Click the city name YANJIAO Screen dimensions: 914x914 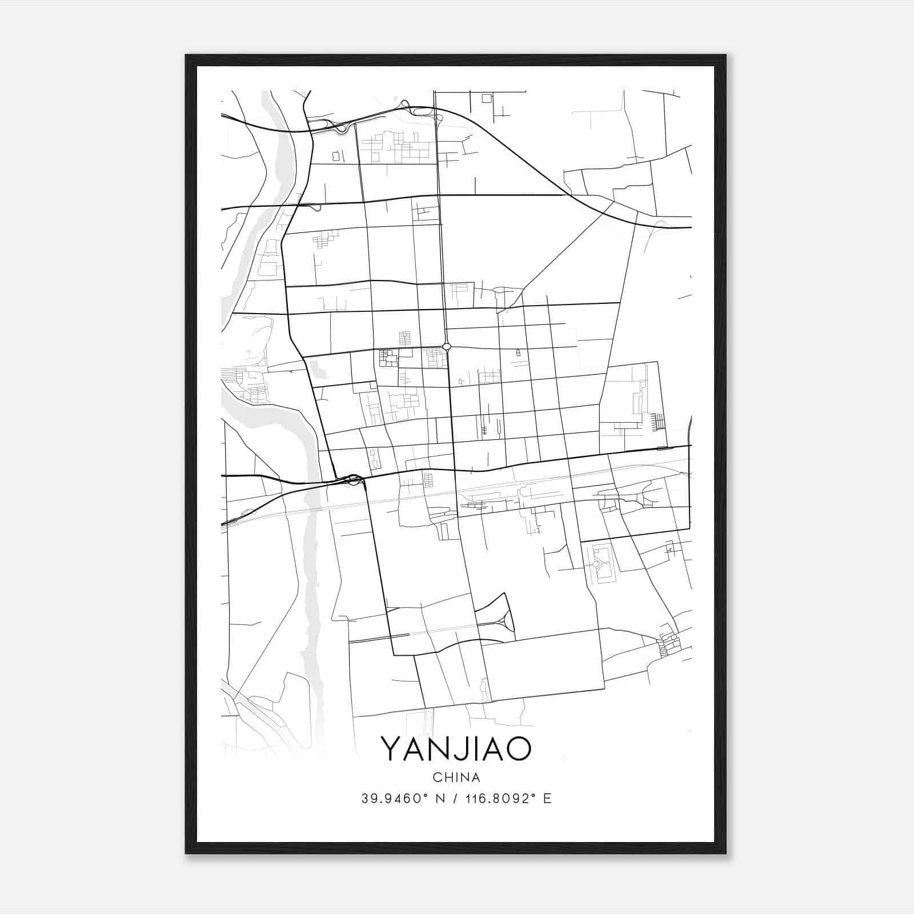point(456,749)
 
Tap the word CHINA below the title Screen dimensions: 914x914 point(456,777)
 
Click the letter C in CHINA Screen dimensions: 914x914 point(437,777)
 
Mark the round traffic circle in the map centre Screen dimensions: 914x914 point(447,346)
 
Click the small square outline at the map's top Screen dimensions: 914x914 point(487,98)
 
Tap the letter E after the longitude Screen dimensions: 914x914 point(547,799)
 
